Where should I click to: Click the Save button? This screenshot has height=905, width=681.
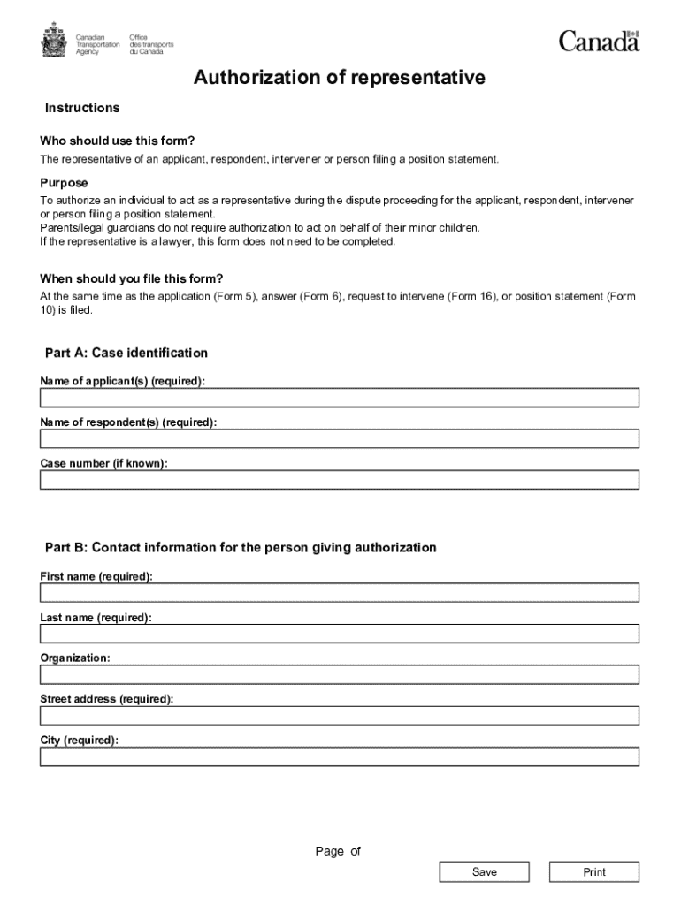(x=484, y=872)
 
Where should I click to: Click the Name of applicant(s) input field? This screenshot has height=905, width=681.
(x=339, y=398)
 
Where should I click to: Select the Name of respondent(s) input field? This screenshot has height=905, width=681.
(x=339, y=438)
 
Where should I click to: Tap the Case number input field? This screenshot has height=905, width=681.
(x=339, y=480)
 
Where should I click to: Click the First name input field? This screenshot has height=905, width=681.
(x=339, y=592)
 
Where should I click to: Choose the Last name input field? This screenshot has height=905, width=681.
(x=339, y=634)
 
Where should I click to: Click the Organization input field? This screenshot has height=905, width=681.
(x=339, y=674)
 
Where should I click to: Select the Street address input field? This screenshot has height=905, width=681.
(x=339, y=716)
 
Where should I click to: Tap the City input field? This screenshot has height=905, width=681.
(x=339, y=757)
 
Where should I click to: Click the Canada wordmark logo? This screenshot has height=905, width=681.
(x=599, y=41)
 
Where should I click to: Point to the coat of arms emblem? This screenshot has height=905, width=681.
(x=53, y=40)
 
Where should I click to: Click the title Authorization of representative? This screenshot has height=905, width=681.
(x=340, y=79)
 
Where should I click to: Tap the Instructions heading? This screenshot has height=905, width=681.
(x=82, y=108)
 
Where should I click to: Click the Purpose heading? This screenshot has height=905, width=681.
(x=64, y=183)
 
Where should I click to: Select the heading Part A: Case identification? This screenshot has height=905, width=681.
(x=126, y=353)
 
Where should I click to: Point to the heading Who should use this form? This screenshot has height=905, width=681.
(x=117, y=141)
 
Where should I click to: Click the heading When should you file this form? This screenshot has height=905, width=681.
(x=132, y=278)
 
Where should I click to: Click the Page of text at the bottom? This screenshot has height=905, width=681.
(x=338, y=851)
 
